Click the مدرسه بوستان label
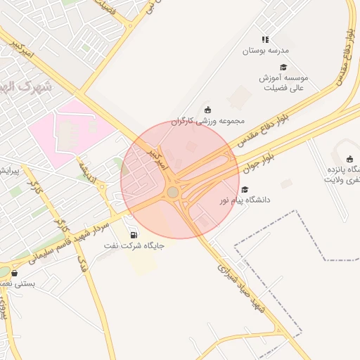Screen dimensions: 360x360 pyautogui.click(x=266, y=51)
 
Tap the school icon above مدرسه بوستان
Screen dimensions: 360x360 pyautogui.click(x=265, y=40)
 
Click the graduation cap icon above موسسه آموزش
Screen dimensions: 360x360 pyautogui.click(x=283, y=67)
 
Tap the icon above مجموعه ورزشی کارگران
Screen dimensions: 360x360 pyautogui.click(x=207, y=109)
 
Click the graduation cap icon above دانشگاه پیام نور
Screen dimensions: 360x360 pyautogui.click(x=245, y=189)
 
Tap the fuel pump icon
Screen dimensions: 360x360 pyautogui.click(x=134, y=234)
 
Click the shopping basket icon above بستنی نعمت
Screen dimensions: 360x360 pyautogui.click(x=15, y=273)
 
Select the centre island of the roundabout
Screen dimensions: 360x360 pyautogui.click(x=173, y=192)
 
